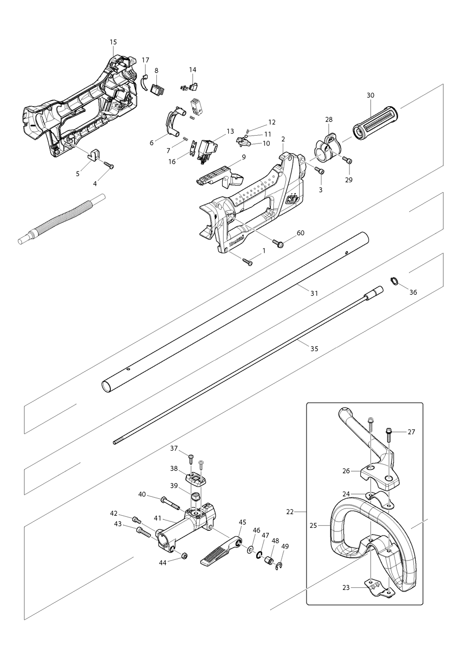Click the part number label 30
click(x=370, y=95)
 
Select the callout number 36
click(x=413, y=292)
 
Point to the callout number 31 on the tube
click(x=314, y=293)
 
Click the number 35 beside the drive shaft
click(x=314, y=349)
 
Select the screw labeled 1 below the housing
click(x=247, y=262)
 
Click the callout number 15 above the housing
click(x=113, y=41)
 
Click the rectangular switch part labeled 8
click(x=158, y=89)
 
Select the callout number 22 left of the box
click(x=290, y=512)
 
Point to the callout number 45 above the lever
click(x=242, y=522)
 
